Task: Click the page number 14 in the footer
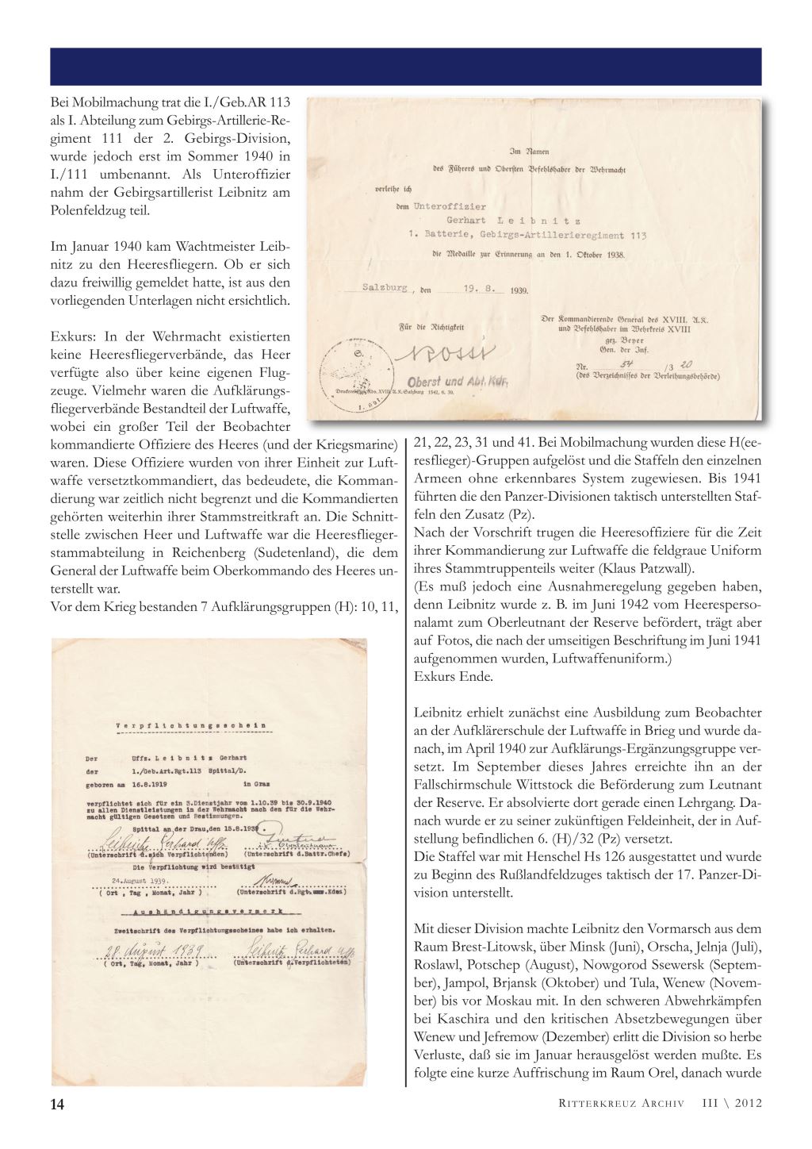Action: coord(56,1105)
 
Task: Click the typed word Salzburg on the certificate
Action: coord(385,288)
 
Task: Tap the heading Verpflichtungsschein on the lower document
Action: coord(191,724)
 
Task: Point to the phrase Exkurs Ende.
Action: coord(454,677)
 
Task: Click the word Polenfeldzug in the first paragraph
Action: coord(86,210)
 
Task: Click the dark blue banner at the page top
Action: coord(406,67)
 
